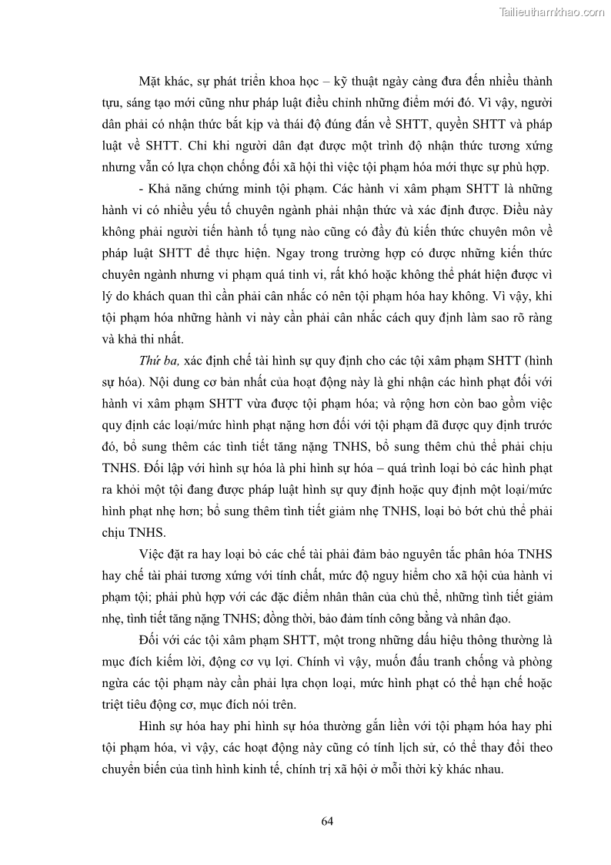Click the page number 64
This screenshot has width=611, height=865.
coord(327,821)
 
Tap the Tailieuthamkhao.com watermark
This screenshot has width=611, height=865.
coord(552,12)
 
